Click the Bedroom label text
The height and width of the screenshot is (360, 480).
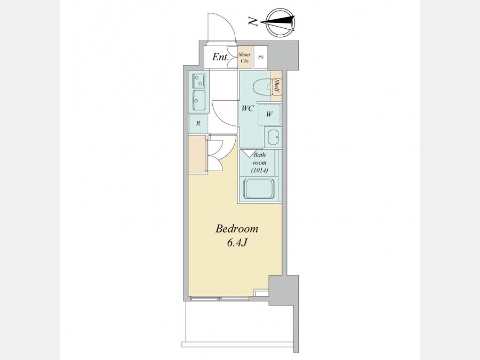coord(237,229)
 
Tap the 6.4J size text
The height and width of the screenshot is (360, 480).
coord(237,243)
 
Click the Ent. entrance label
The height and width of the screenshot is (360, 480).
coord(220,57)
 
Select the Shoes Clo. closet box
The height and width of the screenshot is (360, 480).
coord(245,57)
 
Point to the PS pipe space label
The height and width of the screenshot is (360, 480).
coord(261,57)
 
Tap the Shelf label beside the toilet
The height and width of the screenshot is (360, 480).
coord(276,86)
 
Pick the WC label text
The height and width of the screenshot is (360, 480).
coord(247,108)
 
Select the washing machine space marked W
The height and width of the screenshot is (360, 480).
coord(269,115)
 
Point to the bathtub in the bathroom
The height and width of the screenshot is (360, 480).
coord(259,189)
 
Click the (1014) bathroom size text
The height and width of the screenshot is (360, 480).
coord(259,171)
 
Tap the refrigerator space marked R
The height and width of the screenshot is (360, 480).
coord(198,124)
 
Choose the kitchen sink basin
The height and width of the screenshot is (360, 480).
coord(199,100)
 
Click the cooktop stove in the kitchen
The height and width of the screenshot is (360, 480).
coord(199,81)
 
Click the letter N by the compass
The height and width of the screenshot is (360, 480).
coord(253,21)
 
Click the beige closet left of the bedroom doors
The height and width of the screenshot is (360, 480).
coord(198,154)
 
